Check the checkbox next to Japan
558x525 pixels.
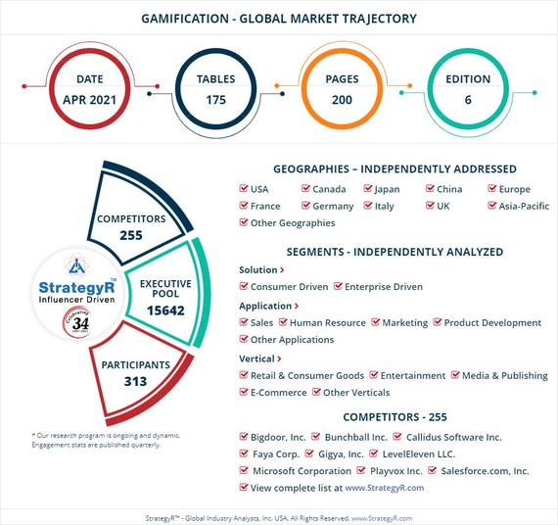point(368,189)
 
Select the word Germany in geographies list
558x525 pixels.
point(334,207)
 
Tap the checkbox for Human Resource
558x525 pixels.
point(283,322)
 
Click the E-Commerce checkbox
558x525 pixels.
point(244,393)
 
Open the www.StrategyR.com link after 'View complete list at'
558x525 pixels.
point(385,487)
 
